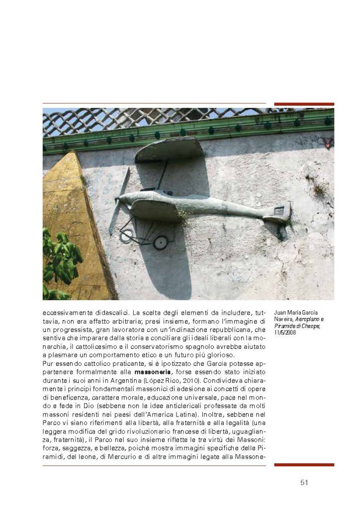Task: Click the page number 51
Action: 304,483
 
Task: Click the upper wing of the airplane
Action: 169,149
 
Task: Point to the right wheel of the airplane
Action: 160,242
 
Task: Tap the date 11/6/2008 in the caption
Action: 285,333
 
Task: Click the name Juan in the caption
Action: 279,312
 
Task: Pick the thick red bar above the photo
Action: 304,104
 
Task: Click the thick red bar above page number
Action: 304,465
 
